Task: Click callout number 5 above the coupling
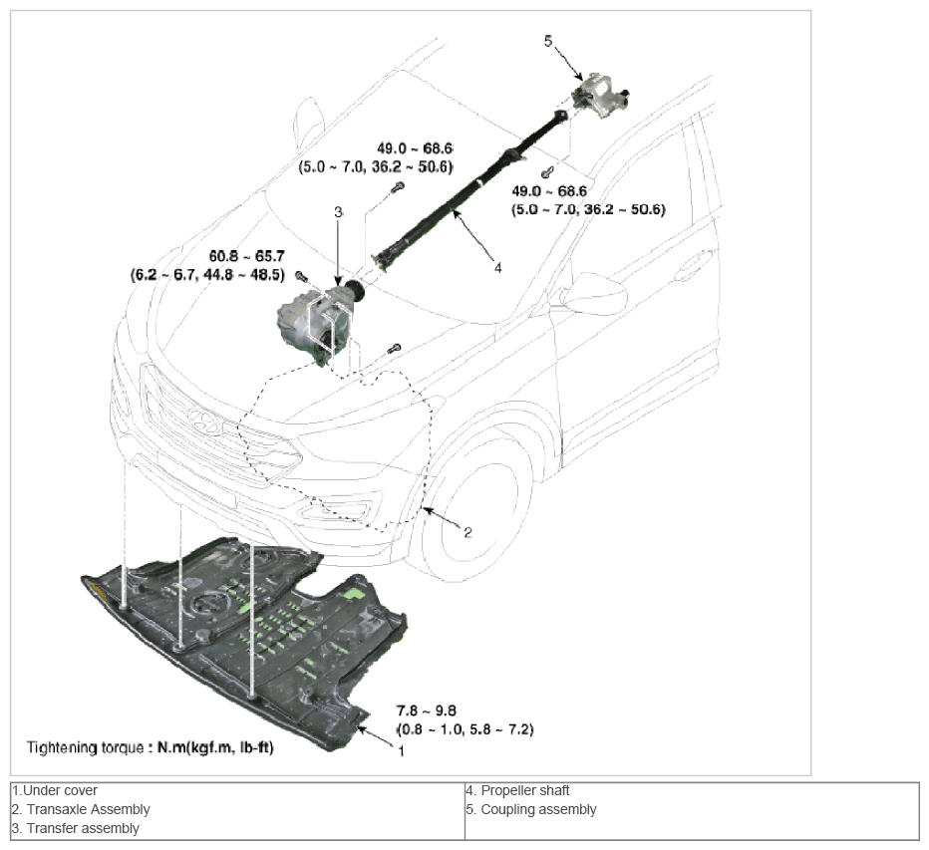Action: coord(547,41)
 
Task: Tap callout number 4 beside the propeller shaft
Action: coord(497,266)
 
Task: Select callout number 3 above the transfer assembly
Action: coord(338,212)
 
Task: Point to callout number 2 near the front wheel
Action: coord(467,532)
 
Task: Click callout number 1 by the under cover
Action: coord(401,750)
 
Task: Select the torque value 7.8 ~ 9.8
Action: coord(426,711)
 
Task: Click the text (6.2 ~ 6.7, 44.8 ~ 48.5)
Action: coord(207,274)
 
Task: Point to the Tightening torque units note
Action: coord(150,746)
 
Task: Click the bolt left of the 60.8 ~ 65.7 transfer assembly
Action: coord(301,275)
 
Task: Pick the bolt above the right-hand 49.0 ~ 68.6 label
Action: coord(546,173)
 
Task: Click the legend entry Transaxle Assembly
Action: coord(81,809)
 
